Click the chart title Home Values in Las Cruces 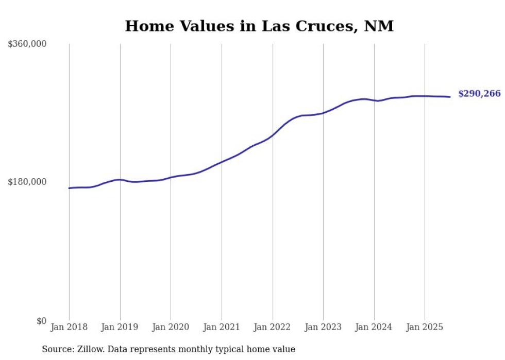click(259, 26)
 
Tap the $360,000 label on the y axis click(27, 44)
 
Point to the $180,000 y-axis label click(27, 182)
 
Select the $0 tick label click(41, 321)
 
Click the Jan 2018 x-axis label click(69, 327)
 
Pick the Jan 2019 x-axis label click(120, 327)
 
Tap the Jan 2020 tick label click(171, 327)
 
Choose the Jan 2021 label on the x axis click(222, 327)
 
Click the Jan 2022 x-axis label click(273, 327)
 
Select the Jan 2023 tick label click(323, 327)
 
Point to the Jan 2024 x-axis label click(374, 327)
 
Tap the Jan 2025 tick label click(425, 327)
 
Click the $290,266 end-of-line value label click(479, 94)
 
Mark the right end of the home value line click(450, 97)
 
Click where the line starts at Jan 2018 click(69, 188)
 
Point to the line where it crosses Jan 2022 click(273, 135)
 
